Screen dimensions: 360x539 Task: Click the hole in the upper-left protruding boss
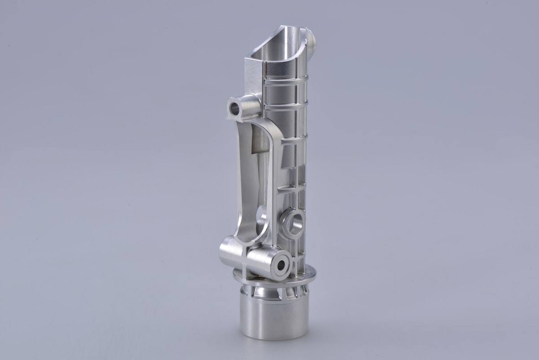[235, 107]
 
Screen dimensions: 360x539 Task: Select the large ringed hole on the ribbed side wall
[294, 224]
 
